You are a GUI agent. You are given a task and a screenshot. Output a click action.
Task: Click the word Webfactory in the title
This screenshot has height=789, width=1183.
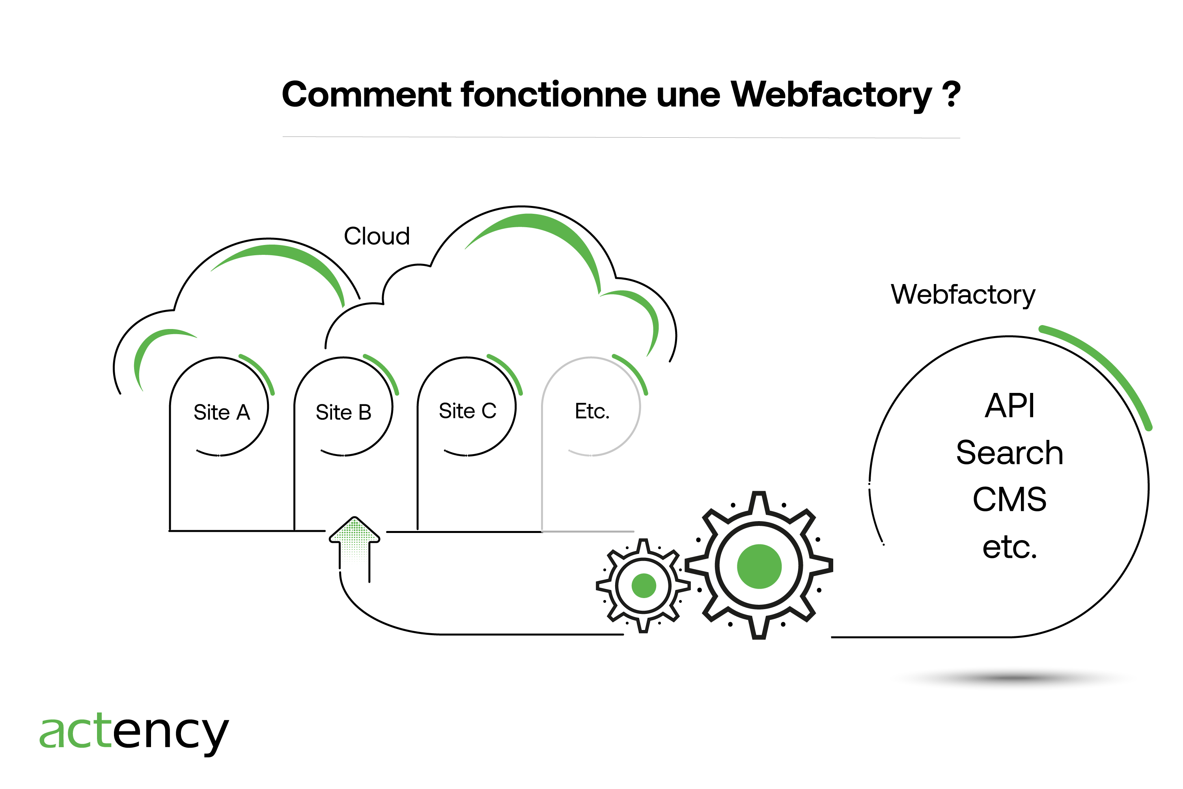pos(831,95)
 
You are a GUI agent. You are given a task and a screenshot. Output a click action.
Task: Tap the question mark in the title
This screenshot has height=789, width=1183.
pos(951,95)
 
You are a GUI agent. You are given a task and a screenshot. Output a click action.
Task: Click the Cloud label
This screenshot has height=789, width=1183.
pos(377,236)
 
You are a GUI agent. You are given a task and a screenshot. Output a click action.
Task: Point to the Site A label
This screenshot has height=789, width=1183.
pos(222,413)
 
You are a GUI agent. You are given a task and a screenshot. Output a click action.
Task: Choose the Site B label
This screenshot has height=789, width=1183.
pos(343,413)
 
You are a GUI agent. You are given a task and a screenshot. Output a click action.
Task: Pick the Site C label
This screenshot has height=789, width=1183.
pos(467,411)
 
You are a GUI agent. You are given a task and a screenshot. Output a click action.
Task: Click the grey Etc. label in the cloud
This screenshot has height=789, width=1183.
pos(592,411)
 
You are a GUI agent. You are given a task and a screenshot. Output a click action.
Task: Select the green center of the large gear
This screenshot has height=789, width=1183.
pos(759,566)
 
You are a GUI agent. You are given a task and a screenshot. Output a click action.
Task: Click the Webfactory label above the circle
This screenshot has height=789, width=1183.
pos(963,294)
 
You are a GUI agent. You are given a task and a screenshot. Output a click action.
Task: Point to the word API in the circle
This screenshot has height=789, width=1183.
pos(1009,406)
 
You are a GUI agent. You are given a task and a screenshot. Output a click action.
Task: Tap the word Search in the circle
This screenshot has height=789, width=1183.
pos(1009,452)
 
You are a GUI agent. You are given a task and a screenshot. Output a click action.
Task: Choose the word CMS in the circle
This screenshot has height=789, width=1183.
pos(1009,500)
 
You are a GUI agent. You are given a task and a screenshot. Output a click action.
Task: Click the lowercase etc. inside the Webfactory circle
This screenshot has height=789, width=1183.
pos(1009,547)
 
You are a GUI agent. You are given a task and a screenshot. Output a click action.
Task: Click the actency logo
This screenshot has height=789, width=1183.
pos(134,732)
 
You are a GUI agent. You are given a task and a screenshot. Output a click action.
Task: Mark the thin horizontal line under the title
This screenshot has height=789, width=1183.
pos(621,137)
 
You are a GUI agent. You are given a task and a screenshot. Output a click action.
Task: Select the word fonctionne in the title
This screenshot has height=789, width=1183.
pos(553,95)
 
